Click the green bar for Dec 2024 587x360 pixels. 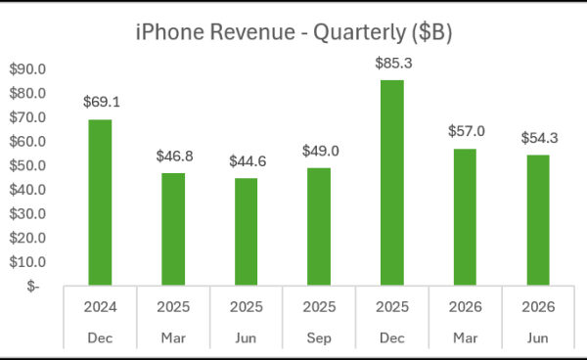(x=100, y=202)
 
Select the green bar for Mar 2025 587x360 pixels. (x=173, y=229)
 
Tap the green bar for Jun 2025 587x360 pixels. (x=246, y=232)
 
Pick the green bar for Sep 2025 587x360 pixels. (x=319, y=226)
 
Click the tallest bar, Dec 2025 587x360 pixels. (x=392, y=183)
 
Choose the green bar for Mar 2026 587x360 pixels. (x=465, y=217)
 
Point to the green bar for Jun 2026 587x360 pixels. (x=538, y=220)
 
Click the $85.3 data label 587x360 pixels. (x=394, y=64)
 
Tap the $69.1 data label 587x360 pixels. (x=102, y=102)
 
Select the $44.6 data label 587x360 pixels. (x=248, y=161)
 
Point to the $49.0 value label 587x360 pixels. (x=321, y=152)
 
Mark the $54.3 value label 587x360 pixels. (x=539, y=138)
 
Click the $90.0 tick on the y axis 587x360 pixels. (x=27, y=69)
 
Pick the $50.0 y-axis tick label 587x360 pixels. (x=27, y=165)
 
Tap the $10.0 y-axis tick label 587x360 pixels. (x=27, y=262)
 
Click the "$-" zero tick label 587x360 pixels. (x=33, y=287)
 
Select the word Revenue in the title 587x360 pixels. (x=252, y=32)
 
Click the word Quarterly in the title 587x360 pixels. (x=359, y=33)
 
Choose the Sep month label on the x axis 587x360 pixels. (x=319, y=338)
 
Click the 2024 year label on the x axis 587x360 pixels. (x=100, y=307)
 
